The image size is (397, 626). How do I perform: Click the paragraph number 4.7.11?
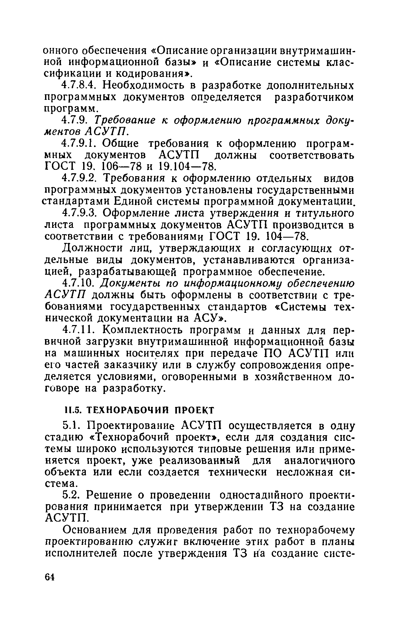point(78,330)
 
